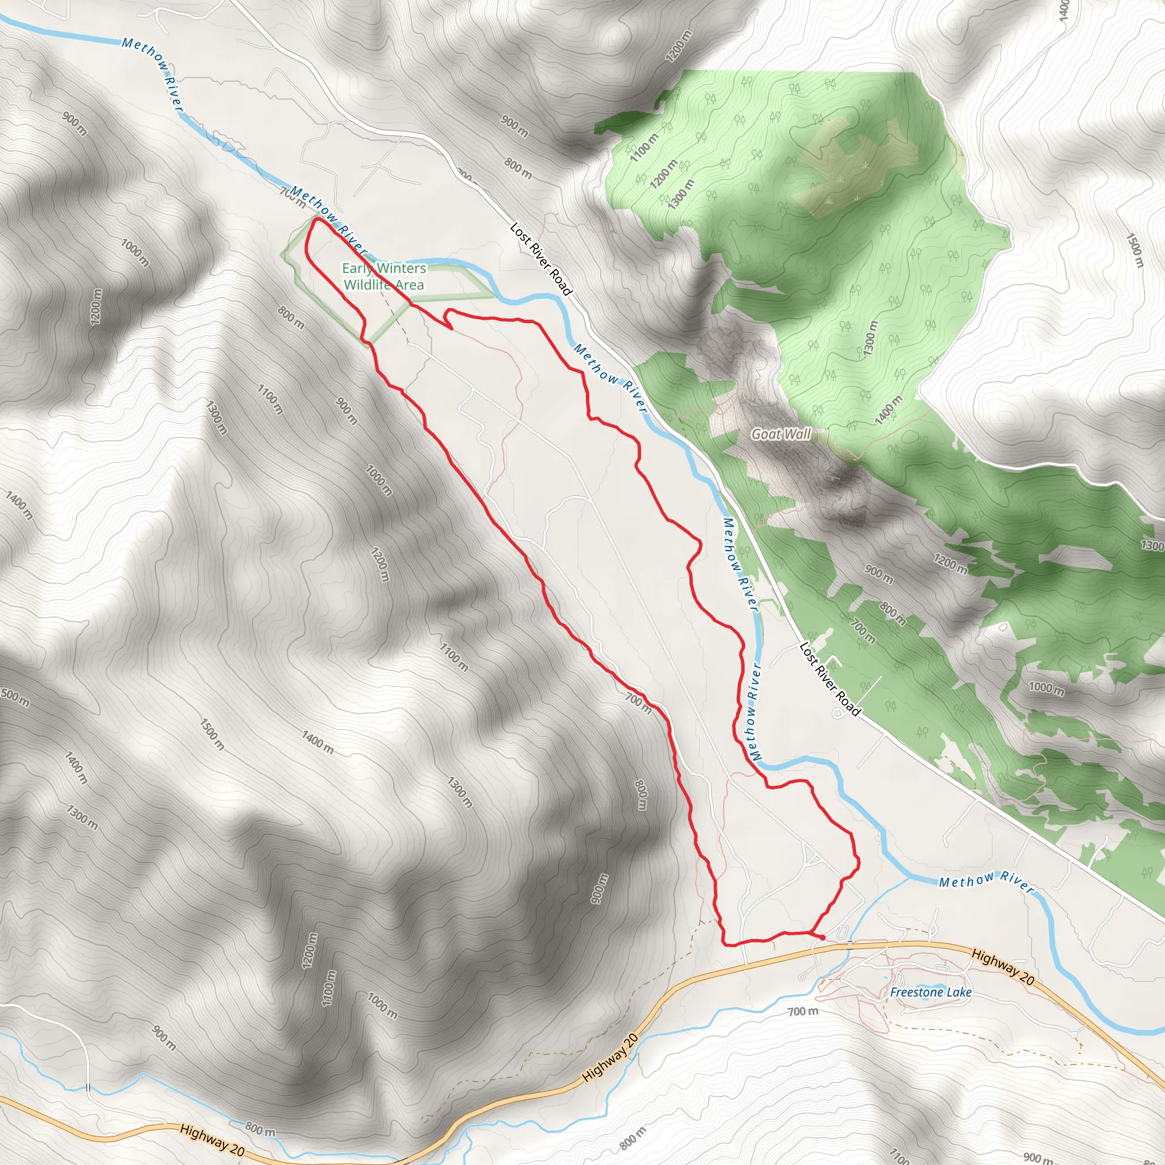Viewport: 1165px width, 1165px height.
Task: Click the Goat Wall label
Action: [x=781, y=433]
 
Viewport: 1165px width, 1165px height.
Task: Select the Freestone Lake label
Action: [x=931, y=992]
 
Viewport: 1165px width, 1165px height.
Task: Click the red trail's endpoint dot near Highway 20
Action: [x=823, y=937]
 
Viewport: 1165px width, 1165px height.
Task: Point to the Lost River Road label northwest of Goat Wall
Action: [x=541, y=259]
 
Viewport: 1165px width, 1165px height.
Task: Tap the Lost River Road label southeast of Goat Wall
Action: [x=830, y=679]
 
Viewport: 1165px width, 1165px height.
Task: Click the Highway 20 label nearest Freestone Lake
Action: [x=1003, y=966]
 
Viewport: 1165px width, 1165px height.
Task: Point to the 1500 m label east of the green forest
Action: [x=1134, y=250]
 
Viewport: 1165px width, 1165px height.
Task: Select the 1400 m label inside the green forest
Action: [x=890, y=410]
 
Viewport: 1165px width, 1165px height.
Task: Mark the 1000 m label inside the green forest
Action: [x=1046, y=688]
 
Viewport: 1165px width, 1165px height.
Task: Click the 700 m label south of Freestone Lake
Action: [x=803, y=1011]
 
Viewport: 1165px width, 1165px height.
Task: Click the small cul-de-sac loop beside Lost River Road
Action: [x=838, y=713]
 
